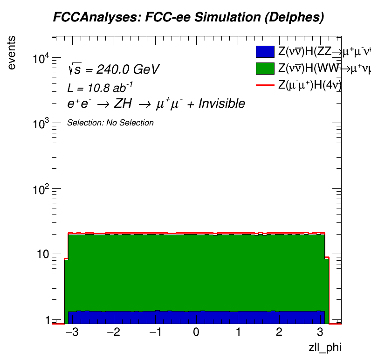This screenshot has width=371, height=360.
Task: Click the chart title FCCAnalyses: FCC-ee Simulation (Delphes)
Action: pyautogui.click(x=188, y=18)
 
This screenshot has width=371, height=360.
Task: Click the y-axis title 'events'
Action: pyautogui.click(x=12, y=52)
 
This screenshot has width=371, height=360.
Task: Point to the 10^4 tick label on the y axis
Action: pyautogui.click(x=42, y=58)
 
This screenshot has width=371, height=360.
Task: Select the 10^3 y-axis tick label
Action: pyautogui.click(x=42, y=124)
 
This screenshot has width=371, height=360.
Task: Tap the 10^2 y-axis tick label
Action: pyautogui.click(x=42, y=189)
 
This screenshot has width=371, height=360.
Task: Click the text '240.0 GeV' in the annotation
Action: pyautogui.click(x=128, y=70)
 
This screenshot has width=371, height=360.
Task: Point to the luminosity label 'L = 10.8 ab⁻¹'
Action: pyautogui.click(x=101, y=87)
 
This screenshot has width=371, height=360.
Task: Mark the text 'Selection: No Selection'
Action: pyautogui.click(x=110, y=123)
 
